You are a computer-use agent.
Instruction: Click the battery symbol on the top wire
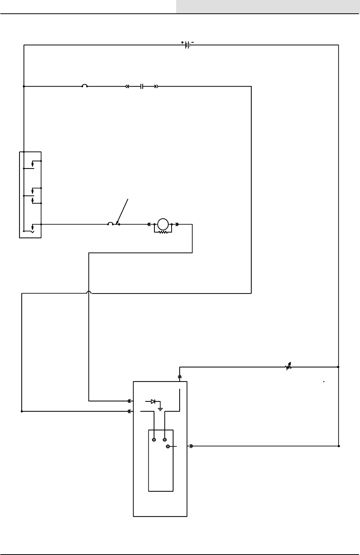coord(187,45)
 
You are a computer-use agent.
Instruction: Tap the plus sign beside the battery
coord(182,42)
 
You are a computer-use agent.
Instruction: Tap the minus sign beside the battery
coord(193,42)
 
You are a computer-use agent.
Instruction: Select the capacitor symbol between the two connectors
coord(141,87)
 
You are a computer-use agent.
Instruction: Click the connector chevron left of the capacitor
coord(127,87)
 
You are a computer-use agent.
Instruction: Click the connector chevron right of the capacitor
coord(156,87)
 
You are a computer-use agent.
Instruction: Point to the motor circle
coord(163,224)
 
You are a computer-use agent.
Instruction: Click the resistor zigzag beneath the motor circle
coord(163,231)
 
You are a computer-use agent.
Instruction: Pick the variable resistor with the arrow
coord(288,367)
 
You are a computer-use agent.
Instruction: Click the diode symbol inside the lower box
coord(153,401)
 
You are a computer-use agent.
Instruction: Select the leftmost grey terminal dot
coord(154,440)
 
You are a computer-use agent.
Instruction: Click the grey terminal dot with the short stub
coord(168,446)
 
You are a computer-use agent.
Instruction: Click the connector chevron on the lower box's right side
coord(191,446)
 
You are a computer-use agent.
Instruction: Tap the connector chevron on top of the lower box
coord(180,376)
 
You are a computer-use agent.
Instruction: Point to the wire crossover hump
coord(89,293)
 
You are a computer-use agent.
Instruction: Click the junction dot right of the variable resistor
coord(339,367)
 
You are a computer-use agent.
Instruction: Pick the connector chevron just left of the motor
coord(149,224)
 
